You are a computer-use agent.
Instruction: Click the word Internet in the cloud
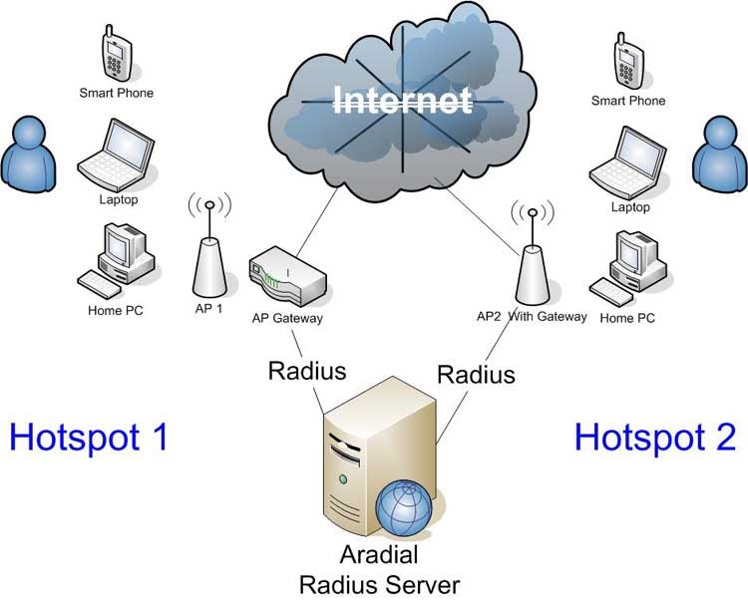[x=402, y=101]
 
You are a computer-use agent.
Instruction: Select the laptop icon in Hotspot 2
[x=626, y=161]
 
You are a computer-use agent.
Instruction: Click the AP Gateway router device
[x=286, y=279]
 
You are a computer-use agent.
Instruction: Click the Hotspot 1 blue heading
[x=88, y=436]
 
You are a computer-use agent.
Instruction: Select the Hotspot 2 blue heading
[x=655, y=436]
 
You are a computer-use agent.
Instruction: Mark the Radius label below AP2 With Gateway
[x=477, y=374]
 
